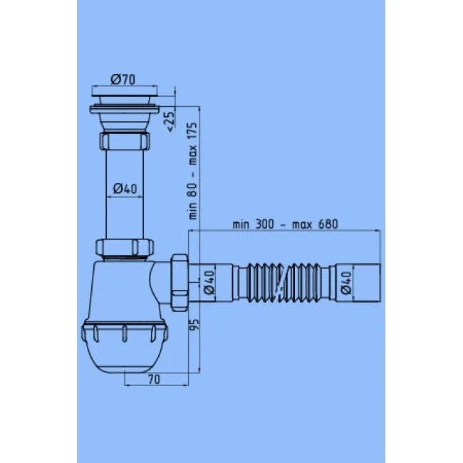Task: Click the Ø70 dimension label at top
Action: point(123,79)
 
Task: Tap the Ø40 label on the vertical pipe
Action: point(124,188)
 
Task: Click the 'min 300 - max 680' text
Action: point(285,224)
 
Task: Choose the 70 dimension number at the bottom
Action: point(154,380)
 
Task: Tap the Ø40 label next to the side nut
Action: point(209,282)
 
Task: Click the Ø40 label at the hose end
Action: point(345,282)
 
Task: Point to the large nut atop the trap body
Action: point(125,248)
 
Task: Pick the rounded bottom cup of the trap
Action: point(125,356)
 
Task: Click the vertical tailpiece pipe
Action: point(125,207)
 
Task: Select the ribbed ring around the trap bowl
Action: point(125,332)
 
